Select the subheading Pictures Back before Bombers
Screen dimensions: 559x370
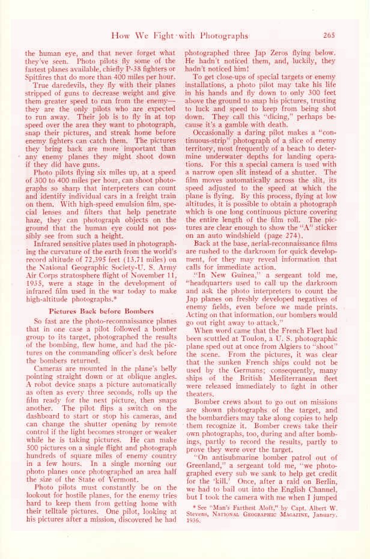[101, 311]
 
